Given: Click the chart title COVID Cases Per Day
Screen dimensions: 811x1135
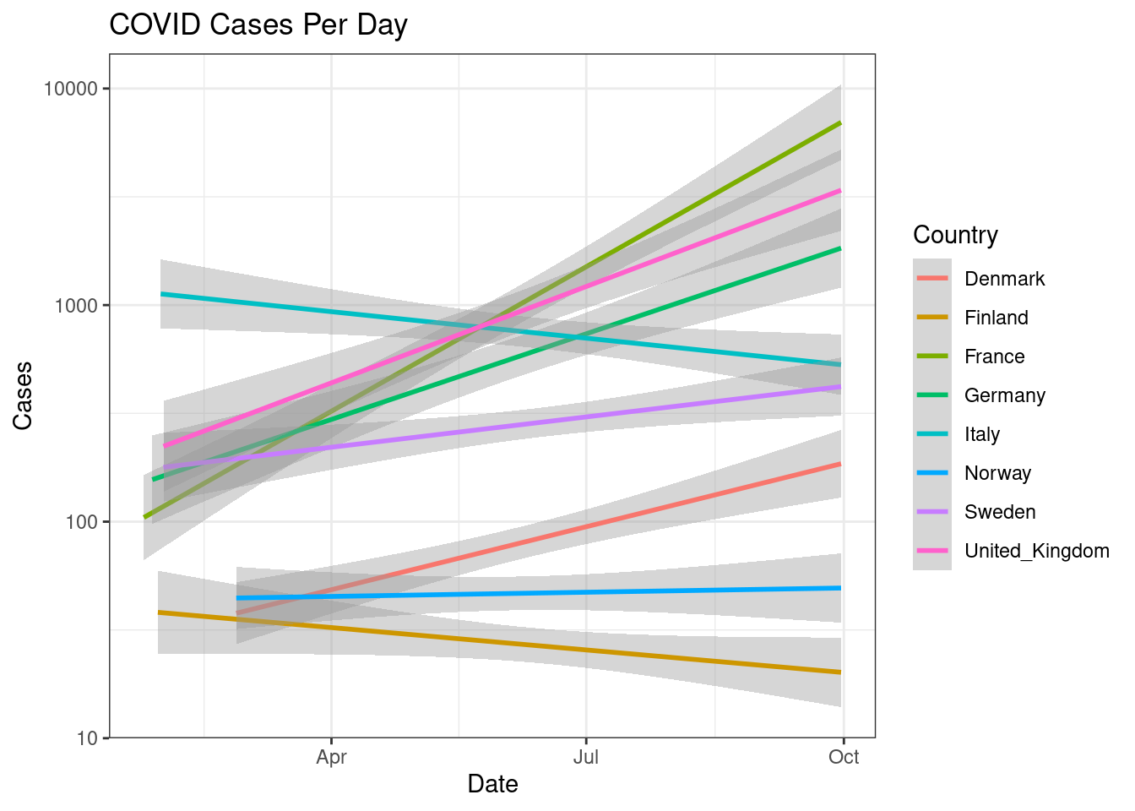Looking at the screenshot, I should [258, 24].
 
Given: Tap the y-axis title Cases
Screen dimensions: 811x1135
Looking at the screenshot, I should [23, 395].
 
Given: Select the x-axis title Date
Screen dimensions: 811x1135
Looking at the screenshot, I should [492, 784].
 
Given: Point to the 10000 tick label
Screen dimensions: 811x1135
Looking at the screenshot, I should [71, 89].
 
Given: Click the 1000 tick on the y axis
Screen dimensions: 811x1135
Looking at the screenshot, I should [76, 305].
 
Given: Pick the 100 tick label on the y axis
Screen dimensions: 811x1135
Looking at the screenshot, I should [81, 522].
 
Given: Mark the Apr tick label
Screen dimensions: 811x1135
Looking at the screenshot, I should [332, 757].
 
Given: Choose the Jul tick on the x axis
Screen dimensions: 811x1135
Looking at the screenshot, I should [586, 757].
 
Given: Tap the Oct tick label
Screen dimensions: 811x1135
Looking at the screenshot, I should [844, 757].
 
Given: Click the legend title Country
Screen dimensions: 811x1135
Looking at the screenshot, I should [955, 235].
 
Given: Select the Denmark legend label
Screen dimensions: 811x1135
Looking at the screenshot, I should [1004, 279].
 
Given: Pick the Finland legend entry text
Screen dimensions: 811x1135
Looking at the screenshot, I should [996, 318].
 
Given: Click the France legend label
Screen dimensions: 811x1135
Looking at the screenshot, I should [994, 357].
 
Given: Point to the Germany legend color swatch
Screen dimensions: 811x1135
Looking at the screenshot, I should [932, 395].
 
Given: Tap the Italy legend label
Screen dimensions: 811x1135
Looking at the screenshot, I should [981, 434].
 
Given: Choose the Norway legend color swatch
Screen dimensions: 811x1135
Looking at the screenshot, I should [932, 473].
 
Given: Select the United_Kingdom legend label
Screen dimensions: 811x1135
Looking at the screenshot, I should [1036, 551].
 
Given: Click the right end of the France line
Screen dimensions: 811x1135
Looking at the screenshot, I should [840, 123].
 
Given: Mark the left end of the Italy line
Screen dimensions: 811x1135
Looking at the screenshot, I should [161, 294].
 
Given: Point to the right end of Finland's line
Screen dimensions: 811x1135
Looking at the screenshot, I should [840, 672].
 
